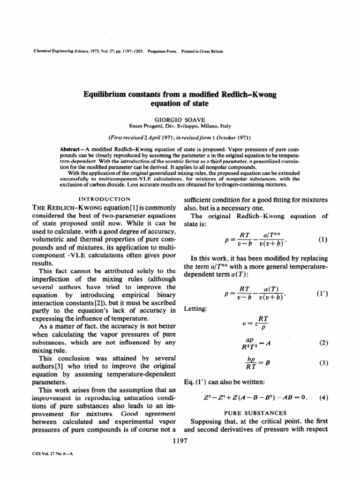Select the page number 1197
point(180,441)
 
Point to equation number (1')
point(322,296)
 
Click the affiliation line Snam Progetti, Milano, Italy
point(180,127)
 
